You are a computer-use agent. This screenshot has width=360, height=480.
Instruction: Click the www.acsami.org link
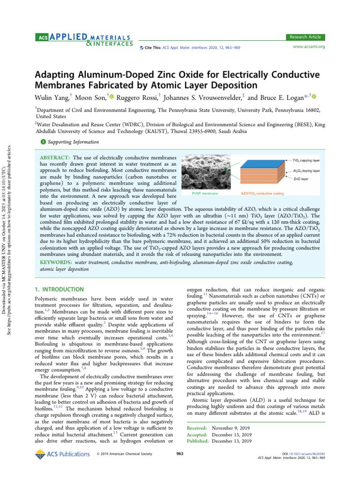[x=308, y=47]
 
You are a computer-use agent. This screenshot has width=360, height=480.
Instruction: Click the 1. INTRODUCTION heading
[x=60, y=290]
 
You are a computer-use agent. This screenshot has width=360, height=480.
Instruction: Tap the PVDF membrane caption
[x=205, y=193]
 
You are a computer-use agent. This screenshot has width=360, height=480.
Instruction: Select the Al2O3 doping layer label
[x=307, y=171]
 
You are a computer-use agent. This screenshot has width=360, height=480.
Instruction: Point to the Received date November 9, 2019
[x=232, y=428]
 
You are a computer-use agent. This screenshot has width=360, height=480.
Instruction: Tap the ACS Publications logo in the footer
[x=63, y=454]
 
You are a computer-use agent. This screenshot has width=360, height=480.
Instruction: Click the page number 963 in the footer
[x=180, y=453]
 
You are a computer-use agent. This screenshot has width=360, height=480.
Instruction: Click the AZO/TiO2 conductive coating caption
[x=257, y=193]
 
